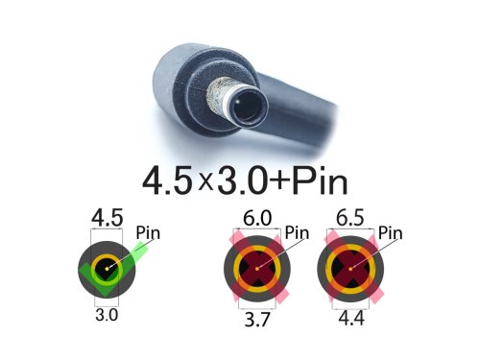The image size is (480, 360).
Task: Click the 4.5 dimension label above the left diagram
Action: coord(108,218)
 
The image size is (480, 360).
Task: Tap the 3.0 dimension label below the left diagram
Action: coord(107,315)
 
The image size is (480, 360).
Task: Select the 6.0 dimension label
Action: coord(257,218)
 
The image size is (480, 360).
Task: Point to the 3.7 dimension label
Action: coord(257,319)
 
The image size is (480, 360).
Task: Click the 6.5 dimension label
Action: coord(350,218)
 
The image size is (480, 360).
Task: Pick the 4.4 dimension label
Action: coord(351,319)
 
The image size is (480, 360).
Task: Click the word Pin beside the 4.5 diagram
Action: coord(148,232)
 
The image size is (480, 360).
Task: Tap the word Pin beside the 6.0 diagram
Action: coord(297,232)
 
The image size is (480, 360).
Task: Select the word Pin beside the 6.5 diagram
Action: coord(390,232)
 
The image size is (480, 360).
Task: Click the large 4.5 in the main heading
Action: coord(168,181)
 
